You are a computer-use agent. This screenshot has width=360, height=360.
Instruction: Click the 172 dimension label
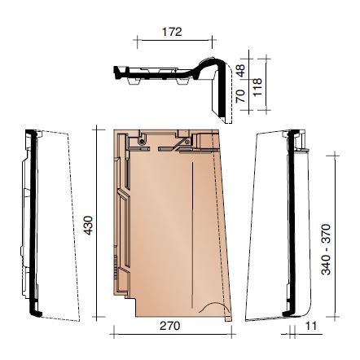[172, 32]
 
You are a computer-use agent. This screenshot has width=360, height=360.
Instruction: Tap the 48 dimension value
[240, 70]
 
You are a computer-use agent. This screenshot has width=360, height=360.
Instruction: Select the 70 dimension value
[240, 96]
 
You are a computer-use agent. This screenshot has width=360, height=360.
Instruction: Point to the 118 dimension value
[257, 86]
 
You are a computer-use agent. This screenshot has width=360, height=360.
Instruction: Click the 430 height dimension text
[88, 225]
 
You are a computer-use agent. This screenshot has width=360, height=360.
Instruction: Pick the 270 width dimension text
[169, 326]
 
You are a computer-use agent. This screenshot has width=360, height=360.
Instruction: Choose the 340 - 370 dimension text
[326, 249]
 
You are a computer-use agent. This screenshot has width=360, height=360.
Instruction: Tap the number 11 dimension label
[310, 326]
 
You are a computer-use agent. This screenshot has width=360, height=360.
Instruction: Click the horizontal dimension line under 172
[174, 41]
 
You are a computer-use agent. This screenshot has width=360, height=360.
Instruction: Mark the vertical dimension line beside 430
[97, 223]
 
